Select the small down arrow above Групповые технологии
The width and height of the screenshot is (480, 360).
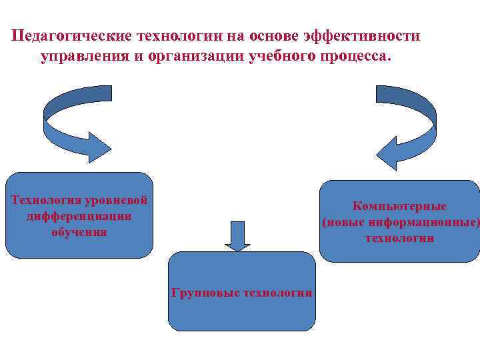coord(236,235)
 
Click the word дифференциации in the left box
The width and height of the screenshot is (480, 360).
coord(79,216)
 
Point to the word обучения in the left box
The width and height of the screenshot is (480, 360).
coord(79,232)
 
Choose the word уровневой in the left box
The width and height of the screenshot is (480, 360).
coord(112,200)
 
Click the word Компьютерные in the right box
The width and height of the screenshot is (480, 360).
coord(400,206)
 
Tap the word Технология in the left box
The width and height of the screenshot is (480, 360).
coord(45,200)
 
